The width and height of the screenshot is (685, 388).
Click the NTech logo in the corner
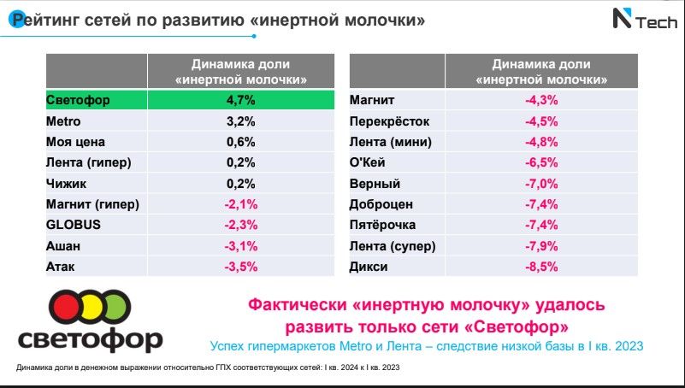point(645,20)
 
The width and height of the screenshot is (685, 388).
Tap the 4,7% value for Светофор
point(240,100)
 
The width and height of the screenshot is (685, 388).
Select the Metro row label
point(63,121)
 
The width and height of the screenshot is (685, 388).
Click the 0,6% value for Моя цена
point(240,142)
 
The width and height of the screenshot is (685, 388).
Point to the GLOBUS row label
point(74,225)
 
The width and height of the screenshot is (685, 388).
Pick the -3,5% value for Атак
point(240,267)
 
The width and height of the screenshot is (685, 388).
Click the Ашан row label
point(63,246)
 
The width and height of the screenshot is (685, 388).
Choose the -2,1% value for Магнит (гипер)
point(240,204)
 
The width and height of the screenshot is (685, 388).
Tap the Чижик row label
point(66,184)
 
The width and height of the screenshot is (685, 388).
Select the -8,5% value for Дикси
point(541,267)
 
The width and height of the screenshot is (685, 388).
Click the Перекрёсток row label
point(389,121)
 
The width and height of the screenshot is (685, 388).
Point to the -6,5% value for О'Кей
point(541,162)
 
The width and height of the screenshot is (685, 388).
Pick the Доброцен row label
point(381,204)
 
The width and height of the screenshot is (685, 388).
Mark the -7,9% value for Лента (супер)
point(541,246)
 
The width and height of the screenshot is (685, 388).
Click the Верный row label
point(375,184)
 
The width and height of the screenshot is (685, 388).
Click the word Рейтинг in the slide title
point(44,20)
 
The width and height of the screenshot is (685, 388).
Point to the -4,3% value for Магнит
point(541,100)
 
